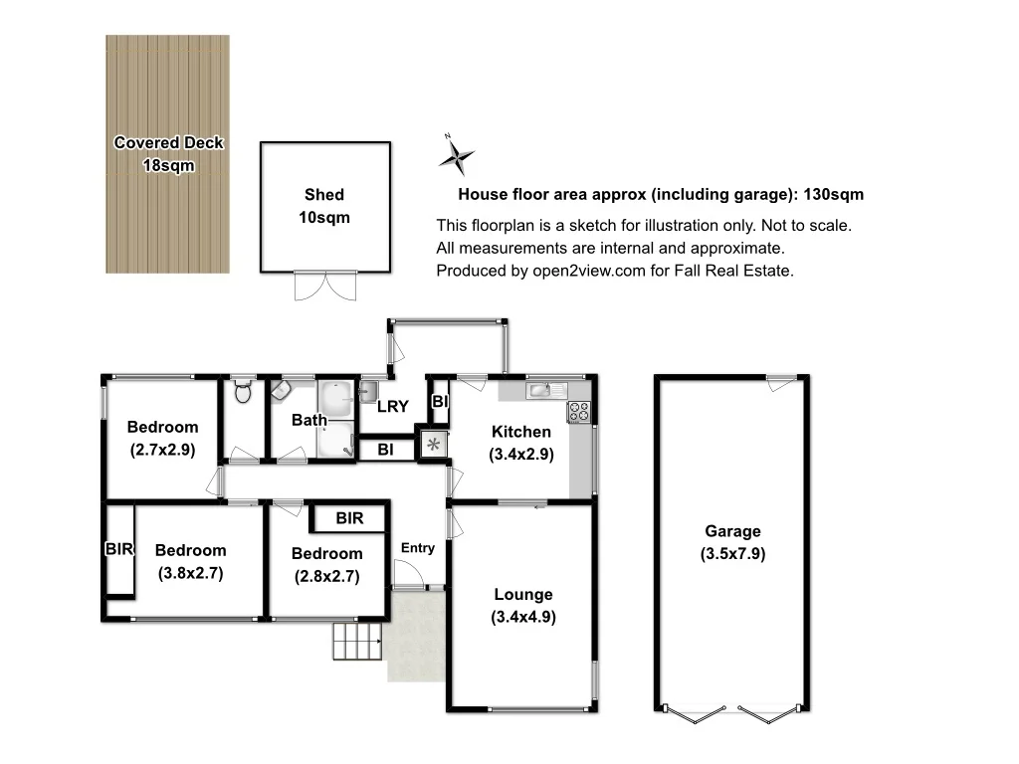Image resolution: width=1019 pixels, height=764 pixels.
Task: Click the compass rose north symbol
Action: [x=456, y=155]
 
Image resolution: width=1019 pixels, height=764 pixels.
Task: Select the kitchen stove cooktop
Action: [x=579, y=410]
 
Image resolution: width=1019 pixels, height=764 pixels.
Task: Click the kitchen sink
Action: [x=540, y=389]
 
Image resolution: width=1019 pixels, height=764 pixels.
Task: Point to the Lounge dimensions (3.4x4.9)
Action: [x=522, y=617]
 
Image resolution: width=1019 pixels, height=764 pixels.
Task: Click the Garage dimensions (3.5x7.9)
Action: [x=732, y=554]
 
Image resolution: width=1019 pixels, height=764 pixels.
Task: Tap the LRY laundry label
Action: [x=393, y=406]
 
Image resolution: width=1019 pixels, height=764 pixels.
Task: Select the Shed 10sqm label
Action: [x=324, y=206]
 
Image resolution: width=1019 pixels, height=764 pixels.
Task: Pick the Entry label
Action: [x=417, y=548]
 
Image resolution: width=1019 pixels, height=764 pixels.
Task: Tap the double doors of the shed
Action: [x=324, y=286]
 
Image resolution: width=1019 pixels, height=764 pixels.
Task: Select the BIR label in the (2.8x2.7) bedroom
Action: [x=349, y=518]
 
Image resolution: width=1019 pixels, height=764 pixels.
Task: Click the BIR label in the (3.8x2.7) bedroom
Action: [x=118, y=549]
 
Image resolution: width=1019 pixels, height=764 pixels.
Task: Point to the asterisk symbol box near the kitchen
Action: [x=433, y=445]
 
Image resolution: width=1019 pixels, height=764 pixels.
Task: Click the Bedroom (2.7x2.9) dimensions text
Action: [x=162, y=450]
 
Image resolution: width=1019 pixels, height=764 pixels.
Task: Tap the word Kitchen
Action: [x=520, y=432]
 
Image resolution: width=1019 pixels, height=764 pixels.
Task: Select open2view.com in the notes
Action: [x=586, y=271]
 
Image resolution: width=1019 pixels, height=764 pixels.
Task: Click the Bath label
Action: [x=308, y=420]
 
